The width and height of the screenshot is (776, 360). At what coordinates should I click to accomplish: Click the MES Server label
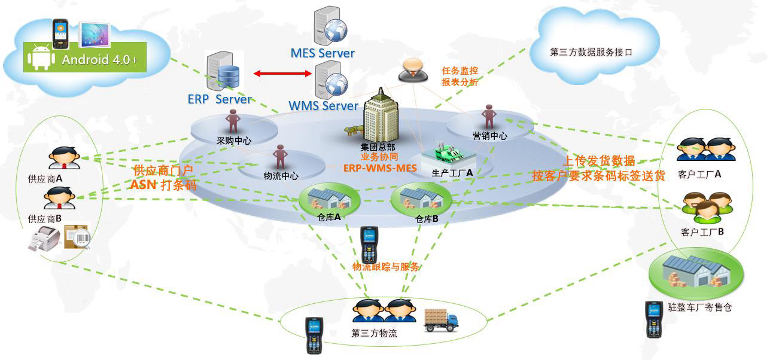pyautogui.click(x=322, y=53)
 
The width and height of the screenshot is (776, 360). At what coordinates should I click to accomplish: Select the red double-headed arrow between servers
pyautogui.click(x=283, y=74)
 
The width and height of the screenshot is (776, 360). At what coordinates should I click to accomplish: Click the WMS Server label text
pyautogui.click(x=323, y=106)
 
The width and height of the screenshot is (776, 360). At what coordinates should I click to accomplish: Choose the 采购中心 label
pyautogui.click(x=234, y=141)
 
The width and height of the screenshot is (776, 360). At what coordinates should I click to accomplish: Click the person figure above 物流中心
pyautogui.click(x=280, y=157)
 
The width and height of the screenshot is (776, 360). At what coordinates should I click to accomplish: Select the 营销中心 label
pyautogui.click(x=490, y=136)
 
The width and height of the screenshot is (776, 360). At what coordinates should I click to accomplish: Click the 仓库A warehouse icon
pyautogui.click(x=328, y=197)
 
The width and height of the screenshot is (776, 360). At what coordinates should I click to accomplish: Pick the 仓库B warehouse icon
pyautogui.click(x=421, y=197)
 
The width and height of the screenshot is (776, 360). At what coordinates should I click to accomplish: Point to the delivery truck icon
pyautogui.click(x=441, y=320)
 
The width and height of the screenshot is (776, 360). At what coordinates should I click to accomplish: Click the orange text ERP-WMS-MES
pyautogui.click(x=379, y=168)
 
